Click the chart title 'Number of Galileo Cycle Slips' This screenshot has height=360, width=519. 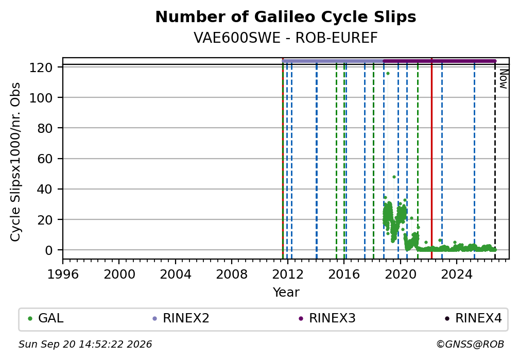286,17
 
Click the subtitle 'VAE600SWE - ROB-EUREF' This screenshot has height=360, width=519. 286,38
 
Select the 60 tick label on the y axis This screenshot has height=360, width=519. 45,159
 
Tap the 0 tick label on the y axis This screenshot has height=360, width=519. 49,250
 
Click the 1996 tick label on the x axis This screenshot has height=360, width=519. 63,275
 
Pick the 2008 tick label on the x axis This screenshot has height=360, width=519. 232,275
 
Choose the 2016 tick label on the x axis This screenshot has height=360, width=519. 344,275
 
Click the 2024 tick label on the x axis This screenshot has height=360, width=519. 456,275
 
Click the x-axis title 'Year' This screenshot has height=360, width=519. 286,293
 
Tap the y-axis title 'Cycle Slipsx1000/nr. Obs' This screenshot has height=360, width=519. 15,162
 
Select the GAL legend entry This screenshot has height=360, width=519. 46,318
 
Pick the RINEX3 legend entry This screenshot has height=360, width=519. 327,318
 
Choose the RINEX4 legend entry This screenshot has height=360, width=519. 473,318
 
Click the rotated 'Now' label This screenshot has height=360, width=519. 503,79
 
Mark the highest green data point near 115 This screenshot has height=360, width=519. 388,74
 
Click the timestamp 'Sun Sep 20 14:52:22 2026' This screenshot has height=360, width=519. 85,345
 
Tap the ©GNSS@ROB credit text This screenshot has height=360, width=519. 470,345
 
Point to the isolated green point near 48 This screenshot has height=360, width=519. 394,177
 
